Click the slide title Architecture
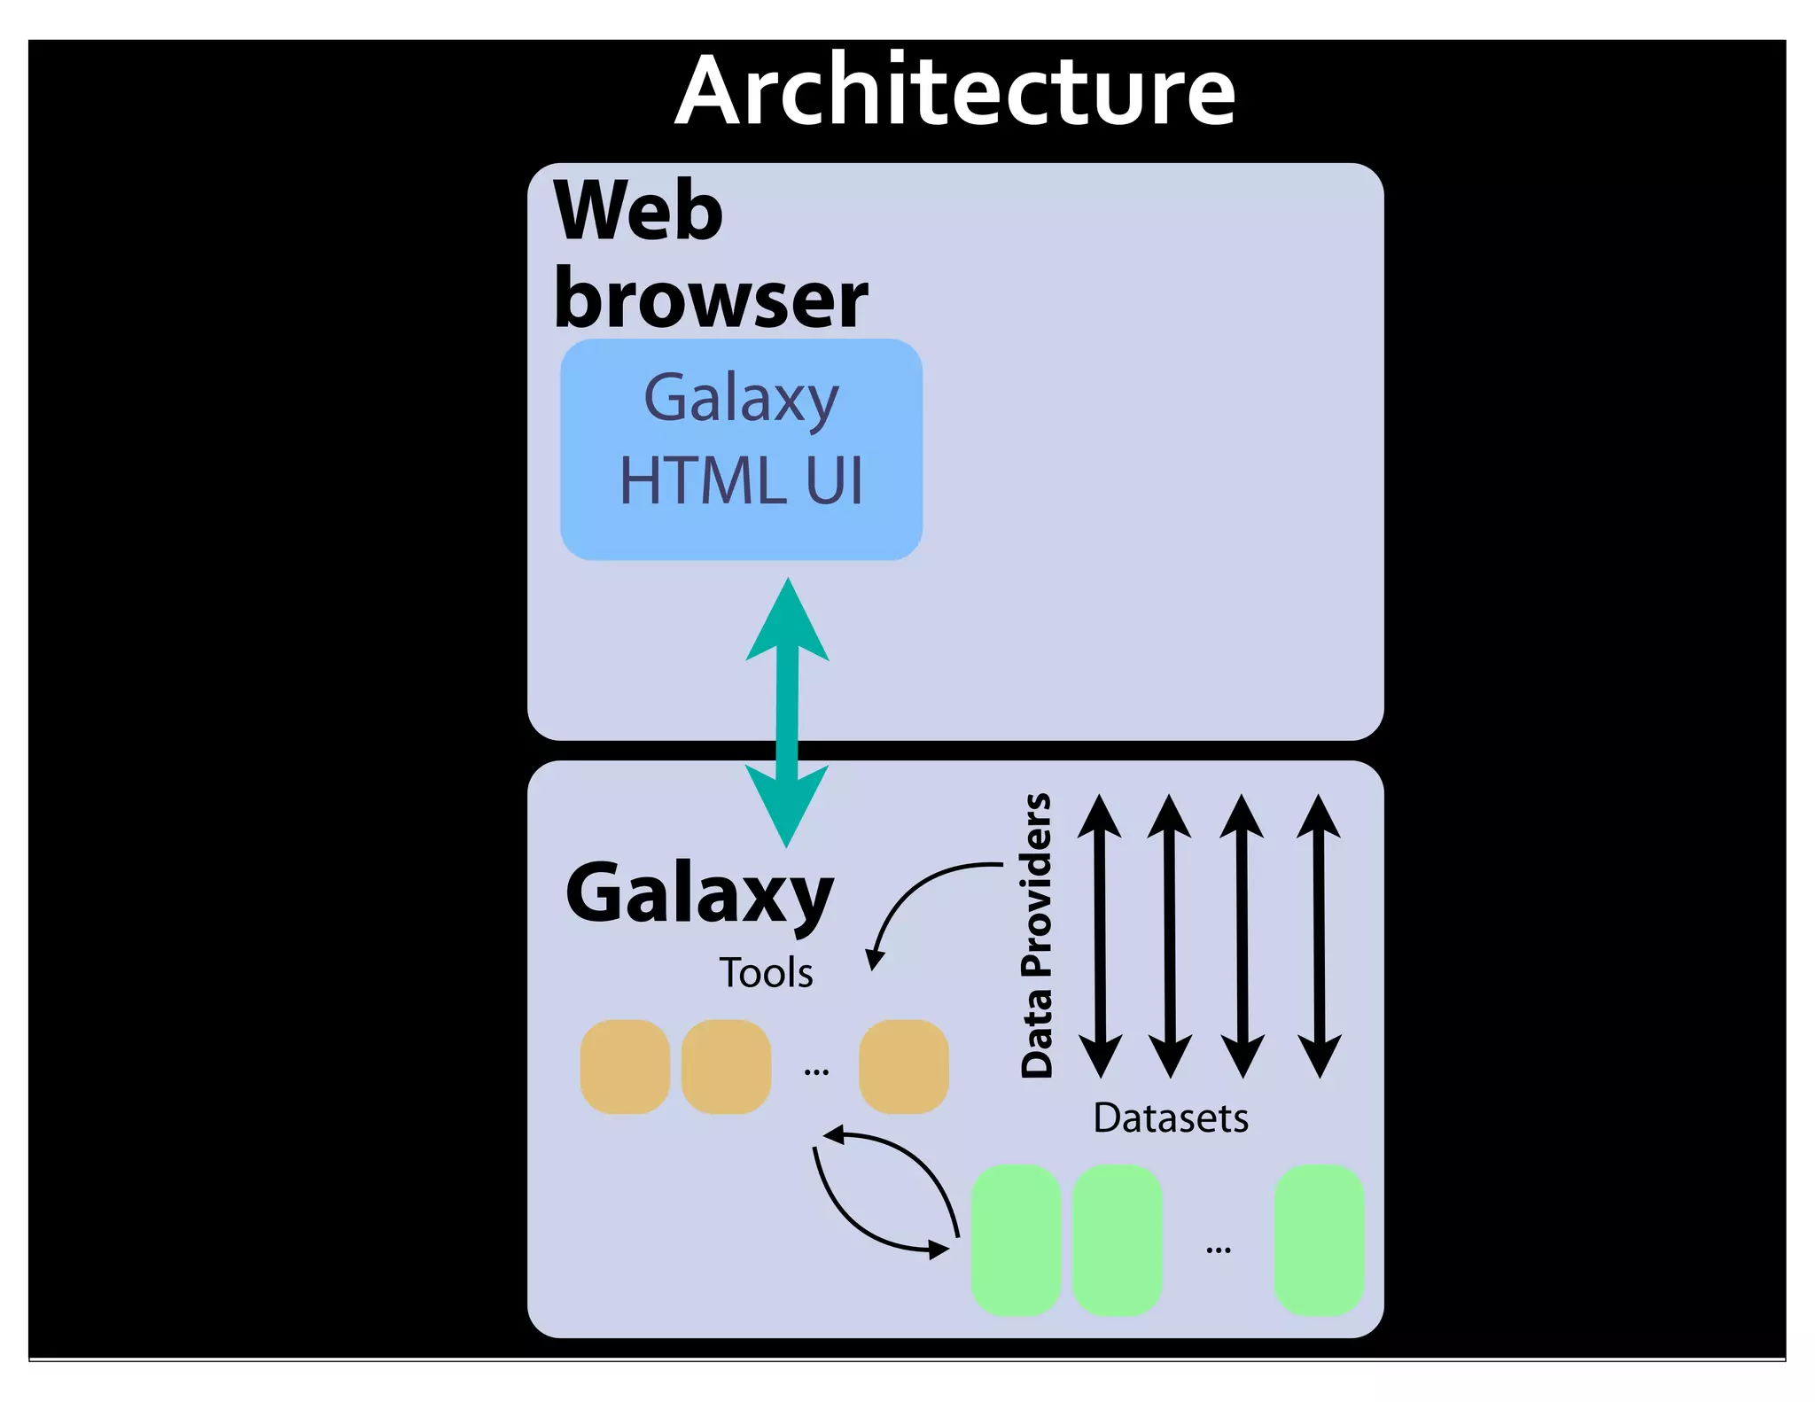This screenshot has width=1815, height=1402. (954, 90)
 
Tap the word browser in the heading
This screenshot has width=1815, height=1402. (710, 300)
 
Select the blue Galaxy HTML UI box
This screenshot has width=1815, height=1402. (741, 448)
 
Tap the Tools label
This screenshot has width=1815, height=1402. (766, 972)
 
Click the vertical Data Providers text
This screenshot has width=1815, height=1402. (1036, 935)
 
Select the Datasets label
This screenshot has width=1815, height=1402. (1171, 1118)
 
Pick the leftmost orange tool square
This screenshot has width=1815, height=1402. (625, 1066)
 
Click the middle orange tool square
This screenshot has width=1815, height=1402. (726, 1066)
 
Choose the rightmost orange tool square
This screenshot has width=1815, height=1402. (903, 1066)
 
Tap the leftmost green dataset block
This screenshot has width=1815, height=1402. (1016, 1239)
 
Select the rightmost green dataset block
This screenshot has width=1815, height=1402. (1319, 1239)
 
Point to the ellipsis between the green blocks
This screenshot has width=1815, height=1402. (1219, 1250)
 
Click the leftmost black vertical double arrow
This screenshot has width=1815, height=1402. (1100, 935)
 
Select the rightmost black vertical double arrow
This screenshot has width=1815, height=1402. (1319, 935)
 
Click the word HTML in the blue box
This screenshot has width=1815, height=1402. (699, 481)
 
